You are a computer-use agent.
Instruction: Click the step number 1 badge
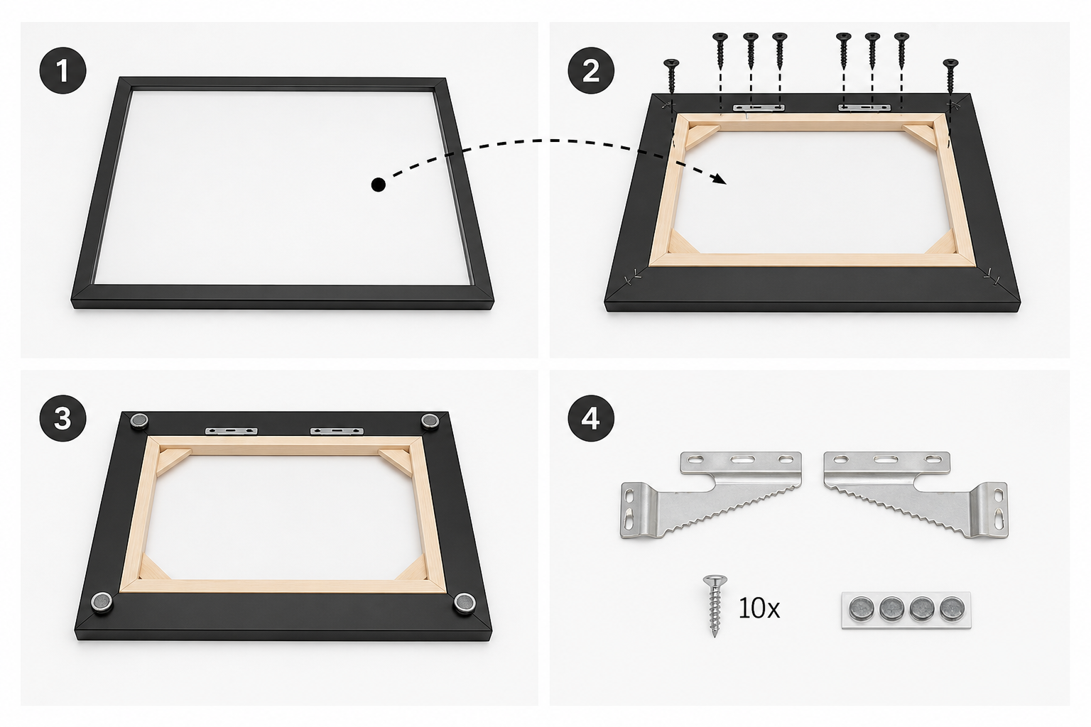(63, 70)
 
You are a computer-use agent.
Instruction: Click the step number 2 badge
(591, 72)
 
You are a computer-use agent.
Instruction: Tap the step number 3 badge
(63, 418)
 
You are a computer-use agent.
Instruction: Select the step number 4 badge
(591, 418)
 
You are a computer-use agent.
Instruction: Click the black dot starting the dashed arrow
(378, 185)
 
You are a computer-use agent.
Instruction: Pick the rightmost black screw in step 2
(950, 77)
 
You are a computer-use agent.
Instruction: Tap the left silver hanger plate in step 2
(759, 108)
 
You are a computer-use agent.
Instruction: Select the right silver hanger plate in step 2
(864, 107)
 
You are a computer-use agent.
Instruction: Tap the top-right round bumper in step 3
(430, 421)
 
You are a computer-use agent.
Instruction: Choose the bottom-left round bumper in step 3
(102, 602)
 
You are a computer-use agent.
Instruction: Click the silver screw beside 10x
(715, 606)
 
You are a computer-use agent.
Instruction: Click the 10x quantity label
(759, 608)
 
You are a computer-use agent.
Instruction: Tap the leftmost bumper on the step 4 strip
(862, 608)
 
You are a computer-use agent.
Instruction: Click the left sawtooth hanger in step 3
(232, 432)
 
